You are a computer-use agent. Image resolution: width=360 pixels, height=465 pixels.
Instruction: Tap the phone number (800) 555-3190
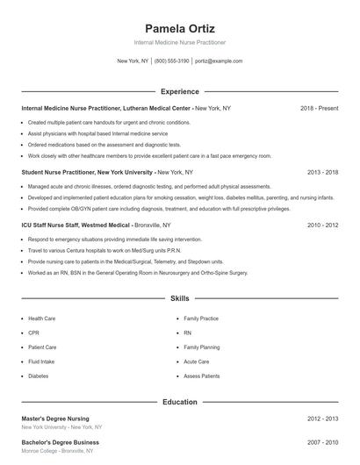click(x=172, y=61)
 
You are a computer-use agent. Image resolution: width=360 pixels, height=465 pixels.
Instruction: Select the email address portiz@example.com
click(x=219, y=61)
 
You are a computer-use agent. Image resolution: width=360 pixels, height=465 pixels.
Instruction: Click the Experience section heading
click(x=180, y=91)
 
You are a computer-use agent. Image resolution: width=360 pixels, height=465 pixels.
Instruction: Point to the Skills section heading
click(x=180, y=299)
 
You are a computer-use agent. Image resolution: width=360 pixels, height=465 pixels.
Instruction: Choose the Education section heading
click(x=180, y=402)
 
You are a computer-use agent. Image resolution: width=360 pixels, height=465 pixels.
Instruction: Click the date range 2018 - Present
click(x=319, y=108)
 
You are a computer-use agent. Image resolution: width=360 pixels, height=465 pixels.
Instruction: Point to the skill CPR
click(x=33, y=333)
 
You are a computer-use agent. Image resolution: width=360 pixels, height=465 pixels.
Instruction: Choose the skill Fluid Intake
click(x=41, y=361)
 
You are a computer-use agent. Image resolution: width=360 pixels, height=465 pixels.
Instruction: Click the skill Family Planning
click(x=202, y=347)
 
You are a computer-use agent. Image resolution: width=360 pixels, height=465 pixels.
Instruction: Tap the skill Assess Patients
click(x=202, y=376)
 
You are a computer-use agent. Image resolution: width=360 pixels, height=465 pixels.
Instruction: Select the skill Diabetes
click(x=39, y=376)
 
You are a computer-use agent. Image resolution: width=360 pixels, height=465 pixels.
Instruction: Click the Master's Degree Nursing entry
click(x=55, y=418)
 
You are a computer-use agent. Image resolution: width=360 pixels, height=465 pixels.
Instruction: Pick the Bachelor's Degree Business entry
click(x=61, y=442)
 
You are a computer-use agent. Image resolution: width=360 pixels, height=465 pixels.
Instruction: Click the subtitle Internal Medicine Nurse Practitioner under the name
click(x=180, y=42)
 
